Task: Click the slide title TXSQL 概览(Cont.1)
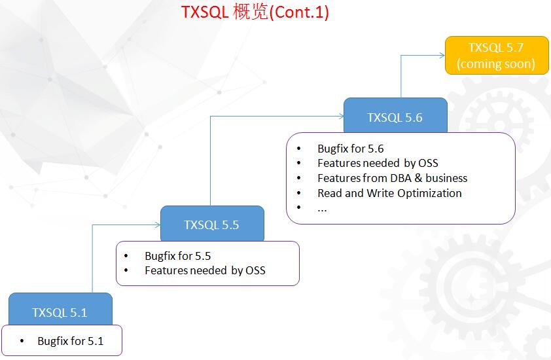255,12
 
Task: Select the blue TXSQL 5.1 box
60,312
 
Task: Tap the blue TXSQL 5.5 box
211,225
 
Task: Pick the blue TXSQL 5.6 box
395,117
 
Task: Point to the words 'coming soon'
496,64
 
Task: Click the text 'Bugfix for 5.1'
70,341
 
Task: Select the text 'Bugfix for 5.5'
177,256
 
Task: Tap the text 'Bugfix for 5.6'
350,149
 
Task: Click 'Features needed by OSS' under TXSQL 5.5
205,270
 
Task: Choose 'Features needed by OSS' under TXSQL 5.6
378,163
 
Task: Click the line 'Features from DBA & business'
392,178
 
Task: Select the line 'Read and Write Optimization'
389,193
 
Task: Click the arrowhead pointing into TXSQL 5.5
158,225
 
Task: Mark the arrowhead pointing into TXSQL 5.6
341,116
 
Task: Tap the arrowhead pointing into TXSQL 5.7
442,55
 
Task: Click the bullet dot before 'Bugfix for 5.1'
22,341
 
